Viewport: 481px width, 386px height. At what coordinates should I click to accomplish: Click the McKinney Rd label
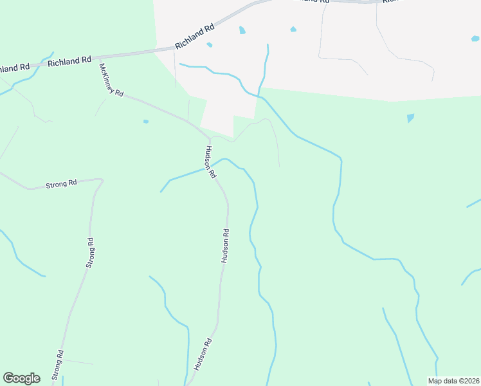[111, 79]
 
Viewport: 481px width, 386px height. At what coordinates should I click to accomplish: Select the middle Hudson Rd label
[225, 245]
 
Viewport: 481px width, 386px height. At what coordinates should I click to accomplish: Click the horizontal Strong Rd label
[61, 184]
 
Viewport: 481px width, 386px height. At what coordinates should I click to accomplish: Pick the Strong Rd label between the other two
[89, 253]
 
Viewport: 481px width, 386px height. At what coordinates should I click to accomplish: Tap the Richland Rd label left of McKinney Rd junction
[69, 61]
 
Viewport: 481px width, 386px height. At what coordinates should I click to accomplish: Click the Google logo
[21, 378]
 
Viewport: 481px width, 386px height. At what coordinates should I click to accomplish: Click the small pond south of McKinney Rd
[146, 121]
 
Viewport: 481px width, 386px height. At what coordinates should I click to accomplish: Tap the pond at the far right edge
[475, 39]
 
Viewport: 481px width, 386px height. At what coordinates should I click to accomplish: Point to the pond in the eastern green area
[410, 118]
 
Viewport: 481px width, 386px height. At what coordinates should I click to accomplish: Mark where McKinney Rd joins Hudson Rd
[210, 137]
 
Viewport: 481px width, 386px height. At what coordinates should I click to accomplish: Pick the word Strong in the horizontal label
[56, 185]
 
